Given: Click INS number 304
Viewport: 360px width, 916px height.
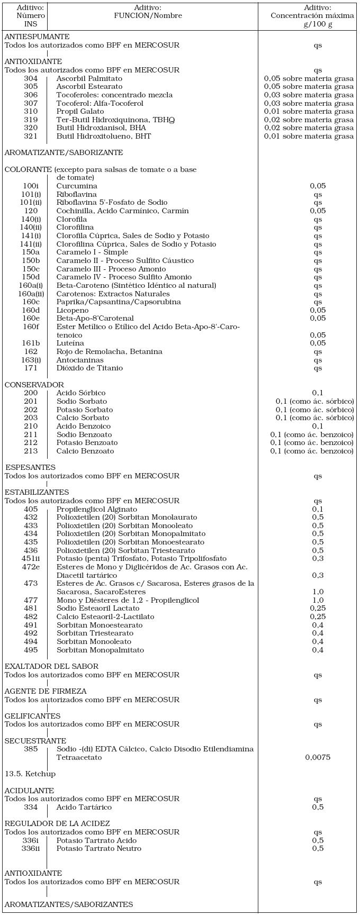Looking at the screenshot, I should [31, 78].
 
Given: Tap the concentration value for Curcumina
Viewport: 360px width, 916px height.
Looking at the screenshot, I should [318, 186].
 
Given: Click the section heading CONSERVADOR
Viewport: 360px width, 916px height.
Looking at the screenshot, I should [34, 385].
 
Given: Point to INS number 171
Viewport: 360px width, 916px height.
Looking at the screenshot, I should [31, 368].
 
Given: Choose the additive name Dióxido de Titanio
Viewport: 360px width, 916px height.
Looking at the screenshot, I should [89, 368].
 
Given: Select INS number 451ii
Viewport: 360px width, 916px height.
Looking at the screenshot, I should [31, 558].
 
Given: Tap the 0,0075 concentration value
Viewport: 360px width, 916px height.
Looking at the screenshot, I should [318, 757].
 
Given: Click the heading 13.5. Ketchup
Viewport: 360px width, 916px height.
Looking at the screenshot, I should [30, 774].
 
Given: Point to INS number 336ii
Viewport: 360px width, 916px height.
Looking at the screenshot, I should [31, 848].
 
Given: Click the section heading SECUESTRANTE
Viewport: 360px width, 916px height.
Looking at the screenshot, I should [35, 741].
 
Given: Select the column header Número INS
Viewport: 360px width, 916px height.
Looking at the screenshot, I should [31, 16].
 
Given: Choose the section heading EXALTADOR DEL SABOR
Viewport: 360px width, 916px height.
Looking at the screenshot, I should [51, 666].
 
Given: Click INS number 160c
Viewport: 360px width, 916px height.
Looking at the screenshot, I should [31, 302].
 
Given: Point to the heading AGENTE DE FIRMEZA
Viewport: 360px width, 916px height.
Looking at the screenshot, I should [46, 691].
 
